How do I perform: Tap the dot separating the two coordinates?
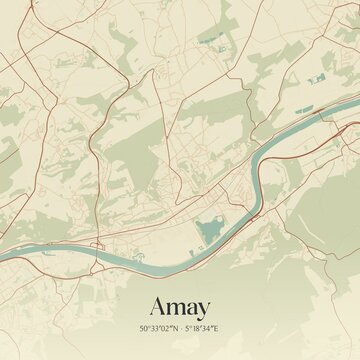click(180, 327)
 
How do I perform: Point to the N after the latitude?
click(174, 327)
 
